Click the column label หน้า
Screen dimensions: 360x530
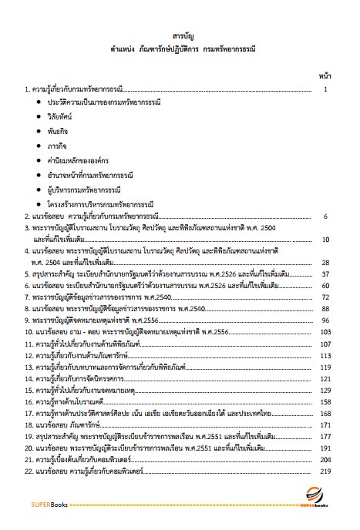[325, 77]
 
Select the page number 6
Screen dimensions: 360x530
[326, 217]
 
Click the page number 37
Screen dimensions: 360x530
[325, 274]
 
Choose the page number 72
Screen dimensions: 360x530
[325, 297]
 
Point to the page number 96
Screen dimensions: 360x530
[325, 320]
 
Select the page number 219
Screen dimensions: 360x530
[324, 471]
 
